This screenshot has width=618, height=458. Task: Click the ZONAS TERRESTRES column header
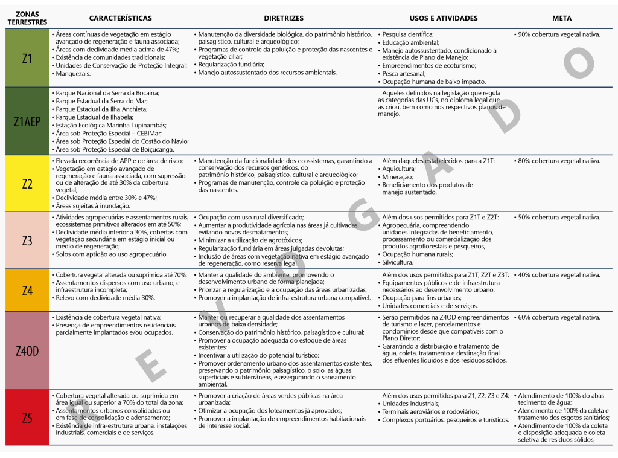[27, 18]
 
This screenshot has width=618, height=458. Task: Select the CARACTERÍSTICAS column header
[121, 18]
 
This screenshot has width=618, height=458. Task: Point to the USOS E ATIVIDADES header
[444, 18]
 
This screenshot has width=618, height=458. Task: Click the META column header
[561, 18]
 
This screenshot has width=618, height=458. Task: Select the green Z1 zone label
[27, 59]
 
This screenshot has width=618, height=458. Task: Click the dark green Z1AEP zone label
[27, 121]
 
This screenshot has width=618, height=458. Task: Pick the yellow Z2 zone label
[27, 184]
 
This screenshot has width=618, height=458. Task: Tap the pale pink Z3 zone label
[27, 240]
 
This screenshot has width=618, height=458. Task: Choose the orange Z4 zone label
[27, 291]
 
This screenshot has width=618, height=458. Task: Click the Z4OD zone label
[27, 350]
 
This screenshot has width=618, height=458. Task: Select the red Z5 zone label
[27, 418]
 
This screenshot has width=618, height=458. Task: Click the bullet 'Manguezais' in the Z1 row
[73, 74]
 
